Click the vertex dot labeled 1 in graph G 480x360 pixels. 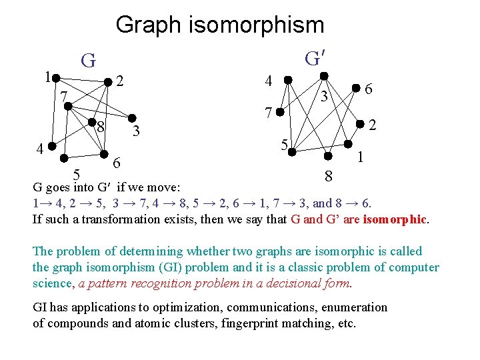coord(57,77)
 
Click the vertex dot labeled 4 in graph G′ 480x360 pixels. coord(287,79)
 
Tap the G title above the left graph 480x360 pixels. coord(88,61)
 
